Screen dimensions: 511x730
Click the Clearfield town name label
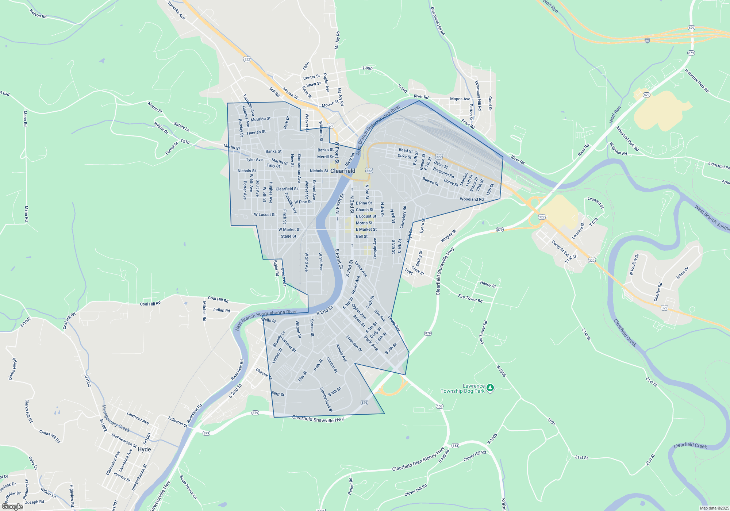343,171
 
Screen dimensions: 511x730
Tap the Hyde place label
144,449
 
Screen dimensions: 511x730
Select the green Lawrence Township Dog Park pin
490,388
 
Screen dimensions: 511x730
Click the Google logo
12,507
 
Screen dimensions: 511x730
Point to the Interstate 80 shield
647,41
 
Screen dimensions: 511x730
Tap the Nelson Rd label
38,14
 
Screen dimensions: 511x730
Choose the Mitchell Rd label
204,311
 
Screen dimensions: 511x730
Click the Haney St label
488,284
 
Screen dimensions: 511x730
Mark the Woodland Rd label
472,199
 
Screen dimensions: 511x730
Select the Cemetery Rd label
403,217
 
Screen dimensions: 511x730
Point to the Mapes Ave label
460,99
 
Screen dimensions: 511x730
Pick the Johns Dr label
682,273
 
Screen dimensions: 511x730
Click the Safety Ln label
181,127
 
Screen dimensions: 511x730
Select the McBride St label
261,119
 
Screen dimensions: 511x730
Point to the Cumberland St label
326,400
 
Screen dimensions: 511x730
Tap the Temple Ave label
374,249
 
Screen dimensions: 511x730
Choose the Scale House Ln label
188,487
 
